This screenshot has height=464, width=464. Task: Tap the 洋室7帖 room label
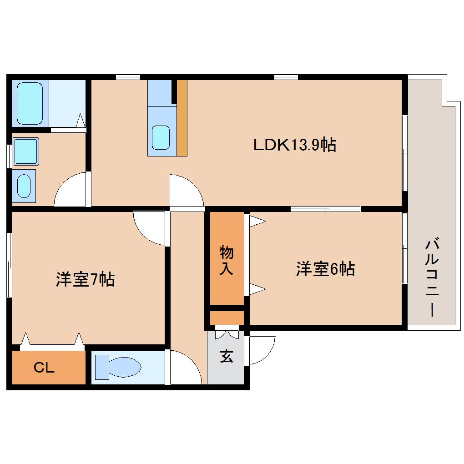tap(85, 279)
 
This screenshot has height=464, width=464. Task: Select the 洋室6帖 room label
tap(325, 269)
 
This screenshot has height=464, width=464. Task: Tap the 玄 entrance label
tap(227, 357)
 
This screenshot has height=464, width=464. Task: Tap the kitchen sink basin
tap(160, 137)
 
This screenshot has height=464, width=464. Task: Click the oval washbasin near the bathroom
tap(25, 185)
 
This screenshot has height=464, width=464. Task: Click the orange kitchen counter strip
tap(182, 118)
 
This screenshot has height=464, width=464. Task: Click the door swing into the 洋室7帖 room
tap(149, 227)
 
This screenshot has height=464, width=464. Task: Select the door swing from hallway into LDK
tap(186, 191)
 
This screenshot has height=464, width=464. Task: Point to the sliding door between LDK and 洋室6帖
tap(326, 209)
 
